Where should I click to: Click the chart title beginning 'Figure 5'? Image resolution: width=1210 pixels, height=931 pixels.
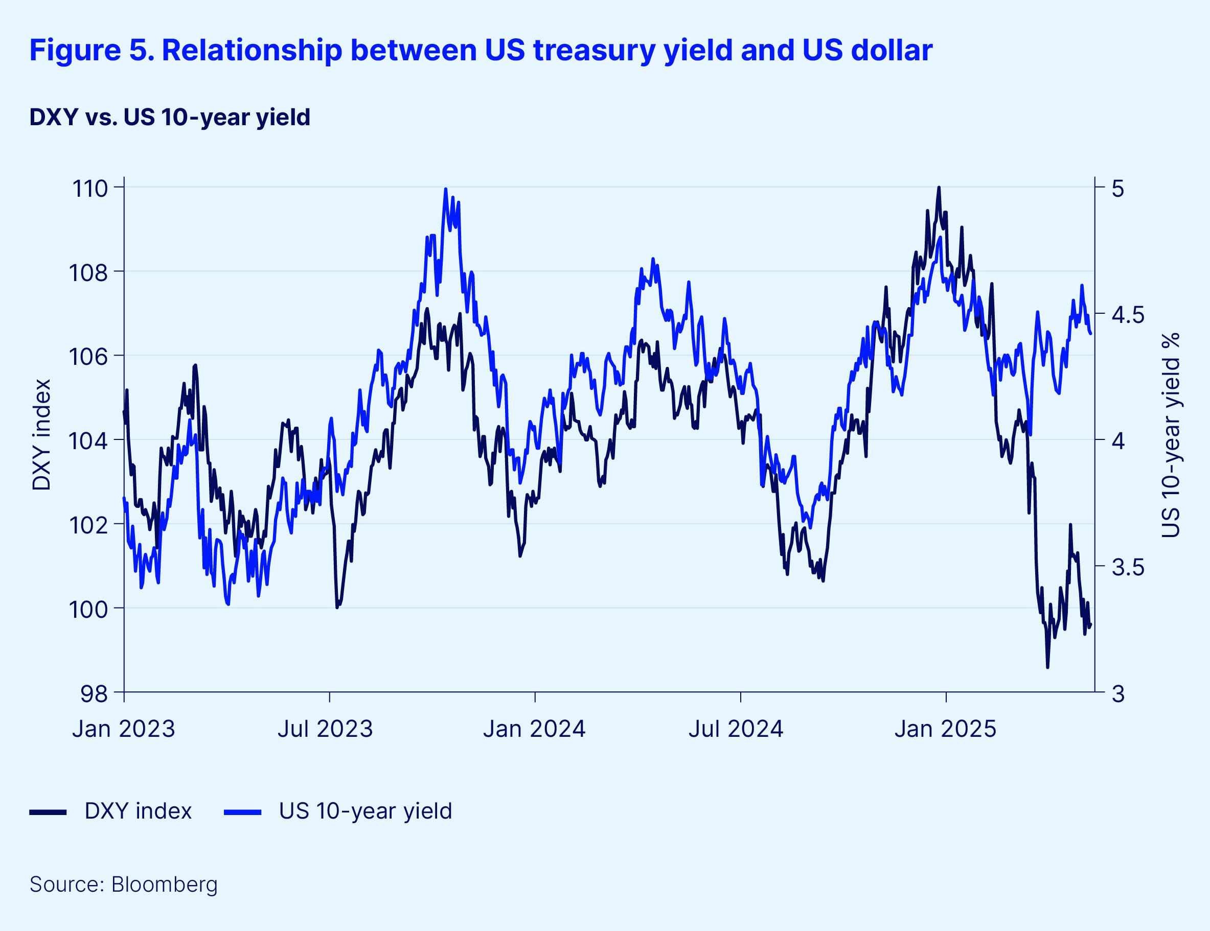pos(481,51)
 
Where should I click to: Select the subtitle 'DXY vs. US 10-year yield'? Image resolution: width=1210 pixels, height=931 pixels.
pos(170,118)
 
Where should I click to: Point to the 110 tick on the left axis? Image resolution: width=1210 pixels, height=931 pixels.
pos(90,189)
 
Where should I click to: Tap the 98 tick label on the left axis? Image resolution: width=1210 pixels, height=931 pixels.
pos(94,693)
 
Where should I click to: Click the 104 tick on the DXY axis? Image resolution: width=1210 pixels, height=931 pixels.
pos(88,441)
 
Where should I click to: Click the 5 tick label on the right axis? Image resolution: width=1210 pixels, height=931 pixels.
pos(1118,189)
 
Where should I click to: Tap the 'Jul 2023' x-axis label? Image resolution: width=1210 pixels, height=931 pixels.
pos(325,729)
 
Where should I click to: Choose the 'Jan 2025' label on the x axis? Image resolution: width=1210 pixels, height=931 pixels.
pos(945,729)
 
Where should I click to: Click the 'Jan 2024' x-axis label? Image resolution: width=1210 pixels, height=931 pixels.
pos(534,729)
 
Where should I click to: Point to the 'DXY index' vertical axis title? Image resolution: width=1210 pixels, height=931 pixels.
pos(42,435)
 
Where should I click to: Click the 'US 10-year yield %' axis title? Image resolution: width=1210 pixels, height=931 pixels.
pos(1171,435)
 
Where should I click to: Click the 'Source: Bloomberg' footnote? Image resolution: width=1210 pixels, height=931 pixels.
pos(124,885)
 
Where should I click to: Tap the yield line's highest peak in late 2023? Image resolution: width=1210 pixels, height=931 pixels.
pos(445,190)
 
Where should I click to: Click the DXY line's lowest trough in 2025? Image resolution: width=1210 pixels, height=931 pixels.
pos(1047,667)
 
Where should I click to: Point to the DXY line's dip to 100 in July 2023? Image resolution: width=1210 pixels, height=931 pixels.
pos(337,608)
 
